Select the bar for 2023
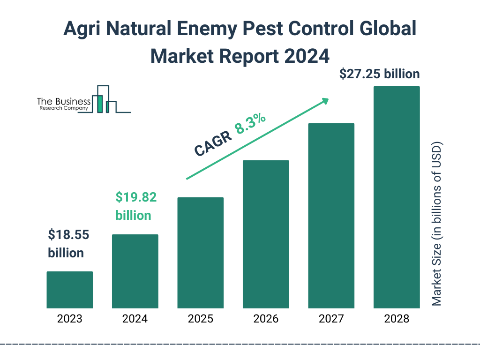coord(70,290)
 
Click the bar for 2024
coord(135,271)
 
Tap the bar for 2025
coord(200,253)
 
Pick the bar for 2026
coord(266,234)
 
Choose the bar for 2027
coord(331,216)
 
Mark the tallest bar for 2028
coord(397,197)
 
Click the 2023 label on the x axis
coord(70,319)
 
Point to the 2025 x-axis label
coord(200,319)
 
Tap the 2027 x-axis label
coord(331,319)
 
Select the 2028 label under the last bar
coord(397,319)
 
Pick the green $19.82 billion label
coord(136,206)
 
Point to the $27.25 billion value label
coord(379,74)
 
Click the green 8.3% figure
coord(251,124)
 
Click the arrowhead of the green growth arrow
coord(325,101)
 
